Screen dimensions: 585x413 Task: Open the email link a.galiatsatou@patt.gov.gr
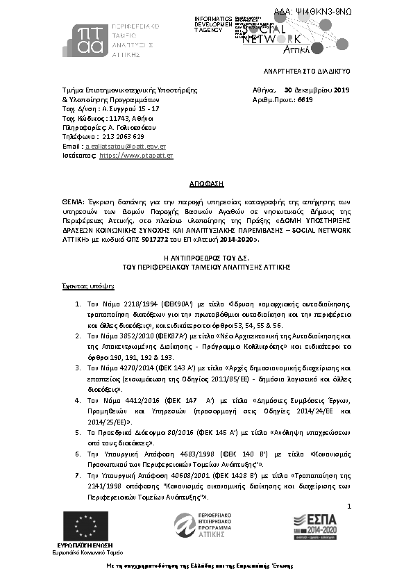[x=124, y=147]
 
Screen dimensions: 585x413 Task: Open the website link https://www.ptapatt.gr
[x=136, y=156]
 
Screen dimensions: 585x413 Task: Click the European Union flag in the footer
[x=81, y=527]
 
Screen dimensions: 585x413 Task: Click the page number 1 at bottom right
[x=350, y=509]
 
